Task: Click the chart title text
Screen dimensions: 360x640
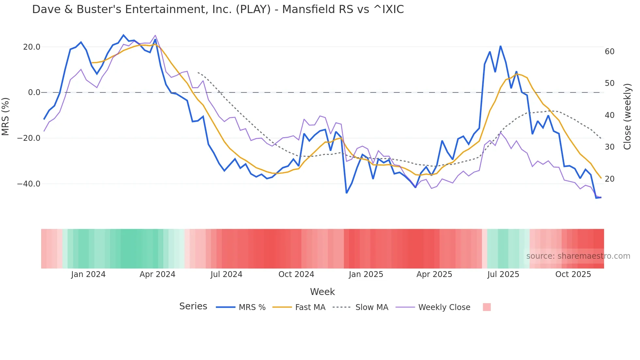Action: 218,9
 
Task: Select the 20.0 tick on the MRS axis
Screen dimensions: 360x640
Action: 32,47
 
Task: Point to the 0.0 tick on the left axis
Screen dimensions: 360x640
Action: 34,92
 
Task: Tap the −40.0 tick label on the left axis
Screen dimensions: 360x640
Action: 29,184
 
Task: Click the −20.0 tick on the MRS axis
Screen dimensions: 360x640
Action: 29,138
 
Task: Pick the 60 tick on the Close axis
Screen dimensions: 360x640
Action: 610,52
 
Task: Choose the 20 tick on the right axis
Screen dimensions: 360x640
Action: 610,179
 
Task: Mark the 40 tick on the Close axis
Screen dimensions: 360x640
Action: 610,115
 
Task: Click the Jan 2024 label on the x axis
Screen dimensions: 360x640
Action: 88,274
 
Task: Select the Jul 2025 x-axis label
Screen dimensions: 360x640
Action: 503,274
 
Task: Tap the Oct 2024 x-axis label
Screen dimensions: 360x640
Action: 296,274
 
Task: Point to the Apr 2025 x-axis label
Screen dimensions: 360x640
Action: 434,274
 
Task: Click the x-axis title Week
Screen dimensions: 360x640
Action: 322,292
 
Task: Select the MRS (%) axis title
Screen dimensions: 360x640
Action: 6,116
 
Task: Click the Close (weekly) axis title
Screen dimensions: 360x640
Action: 627,117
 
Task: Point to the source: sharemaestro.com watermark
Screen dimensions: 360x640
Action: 578,256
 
